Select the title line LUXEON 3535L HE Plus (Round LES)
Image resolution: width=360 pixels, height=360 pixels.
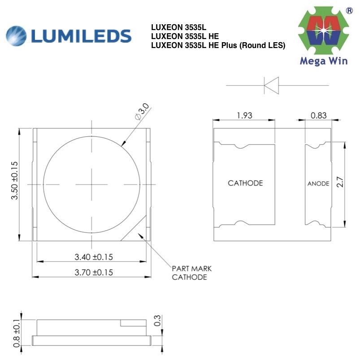[x=218, y=45]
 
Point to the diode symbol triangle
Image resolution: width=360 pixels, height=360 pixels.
[x=272, y=85]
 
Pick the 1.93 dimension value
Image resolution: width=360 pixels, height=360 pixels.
[x=244, y=115]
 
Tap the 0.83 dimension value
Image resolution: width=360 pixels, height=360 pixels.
[x=318, y=115]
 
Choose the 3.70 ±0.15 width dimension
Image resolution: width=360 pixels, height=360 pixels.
[x=93, y=272]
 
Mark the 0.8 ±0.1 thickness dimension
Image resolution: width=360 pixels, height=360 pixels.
[x=16, y=330]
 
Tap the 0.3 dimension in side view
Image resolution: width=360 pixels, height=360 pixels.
[x=157, y=320]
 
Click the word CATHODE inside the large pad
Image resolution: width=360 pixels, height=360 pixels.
[x=245, y=183]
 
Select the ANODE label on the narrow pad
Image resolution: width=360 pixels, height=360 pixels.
[x=318, y=184]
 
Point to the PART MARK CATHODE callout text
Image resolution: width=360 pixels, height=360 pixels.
[x=191, y=273]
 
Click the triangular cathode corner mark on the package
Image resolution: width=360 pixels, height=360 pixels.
[x=139, y=233]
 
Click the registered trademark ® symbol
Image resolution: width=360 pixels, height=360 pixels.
[x=349, y=9]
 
